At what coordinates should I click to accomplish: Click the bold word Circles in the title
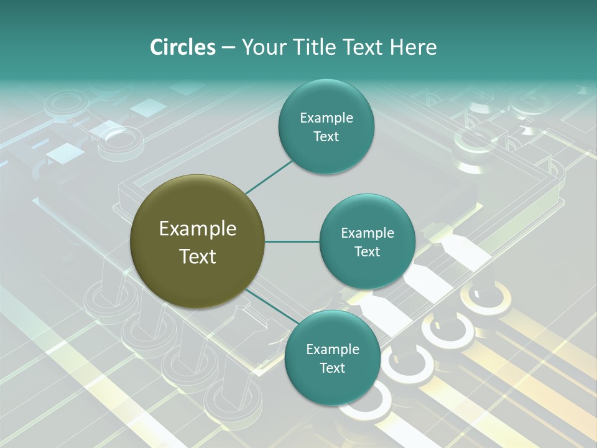click(182, 47)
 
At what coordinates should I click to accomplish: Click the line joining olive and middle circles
click(292, 241)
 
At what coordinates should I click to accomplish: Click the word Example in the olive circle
click(198, 229)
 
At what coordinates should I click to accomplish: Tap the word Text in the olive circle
click(198, 256)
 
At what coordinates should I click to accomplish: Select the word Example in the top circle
click(326, 118)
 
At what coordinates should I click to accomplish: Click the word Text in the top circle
click(326, 136)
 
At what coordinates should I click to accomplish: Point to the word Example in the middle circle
click(368, 233)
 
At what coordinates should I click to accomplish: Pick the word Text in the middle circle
click(368, 251)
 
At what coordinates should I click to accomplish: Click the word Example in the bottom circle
click(333, 350)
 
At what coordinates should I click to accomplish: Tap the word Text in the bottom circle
click(333, 368)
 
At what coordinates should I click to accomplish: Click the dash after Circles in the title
click(228, 48)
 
